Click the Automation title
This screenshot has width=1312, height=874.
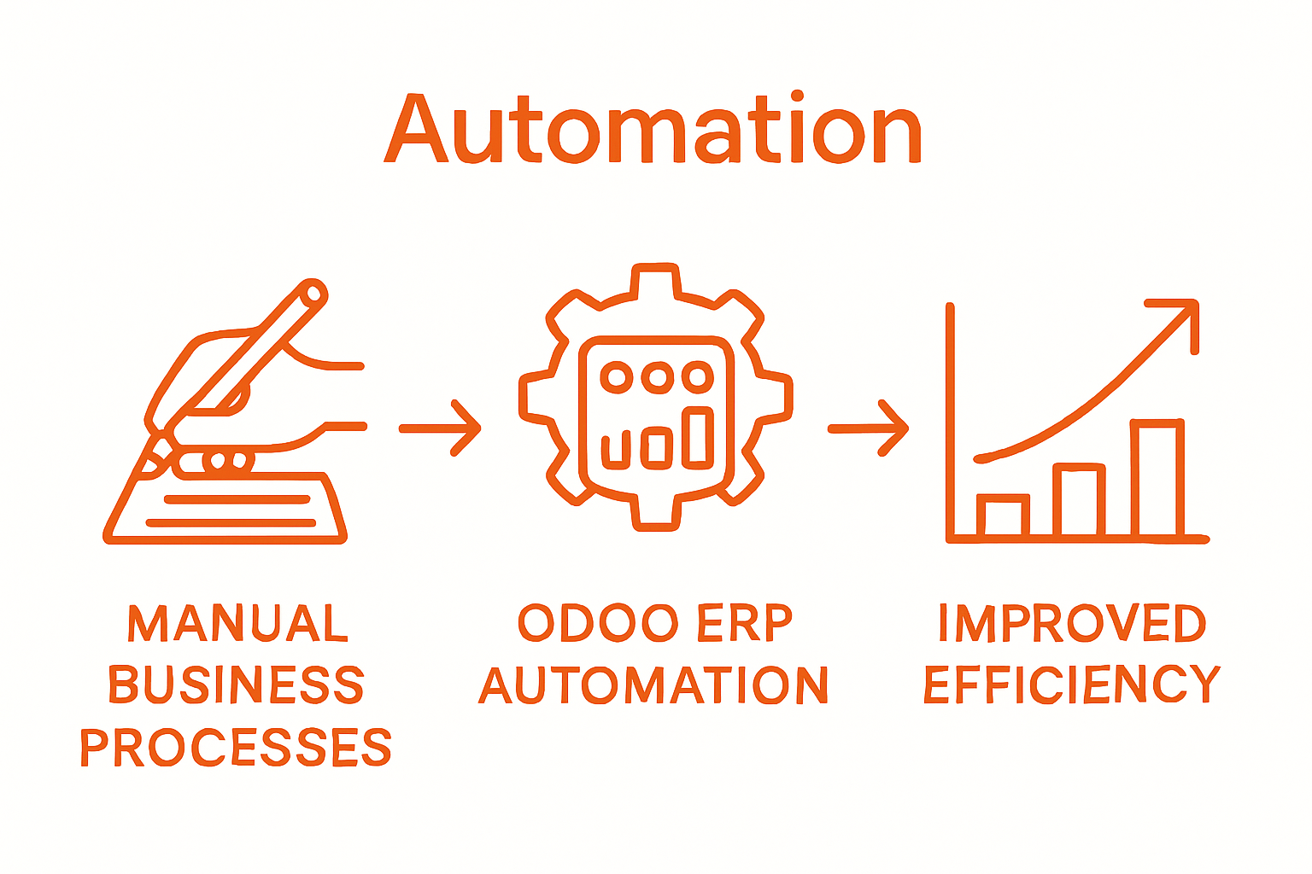(x=653, y=130)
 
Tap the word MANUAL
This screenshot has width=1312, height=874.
(x=238, y=624)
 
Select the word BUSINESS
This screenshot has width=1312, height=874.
(x=237, y=685)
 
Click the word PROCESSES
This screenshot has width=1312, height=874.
(x=236, y=747)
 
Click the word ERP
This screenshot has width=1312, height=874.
(x=746, y=624)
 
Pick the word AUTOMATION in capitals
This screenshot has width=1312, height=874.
(x=653, y=685)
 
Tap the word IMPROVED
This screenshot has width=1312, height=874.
(x=1072, y=624)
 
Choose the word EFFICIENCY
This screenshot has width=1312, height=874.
(x=1072, y=685)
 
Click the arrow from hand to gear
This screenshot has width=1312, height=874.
(x=441, y=428)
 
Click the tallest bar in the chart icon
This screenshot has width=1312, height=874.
(x=1157, y=478)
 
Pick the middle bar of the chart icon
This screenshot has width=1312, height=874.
(x=1079, y=501)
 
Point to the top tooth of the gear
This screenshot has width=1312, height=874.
(x=656, y=281)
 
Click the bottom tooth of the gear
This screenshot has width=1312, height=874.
(x=657, y=513)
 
